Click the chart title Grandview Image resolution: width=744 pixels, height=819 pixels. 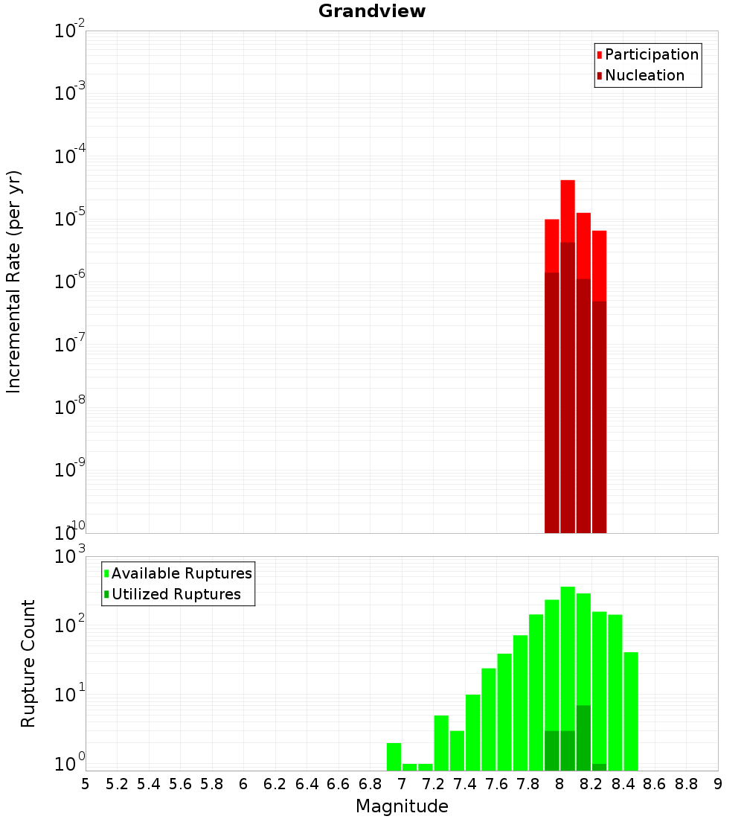[372, 12]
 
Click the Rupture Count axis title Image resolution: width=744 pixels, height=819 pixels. [28, 663]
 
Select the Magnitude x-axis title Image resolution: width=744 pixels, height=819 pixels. [402, 806]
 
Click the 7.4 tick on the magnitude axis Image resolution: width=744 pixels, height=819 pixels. [465, 784]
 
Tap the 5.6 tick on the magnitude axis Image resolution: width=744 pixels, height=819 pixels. [181, 784]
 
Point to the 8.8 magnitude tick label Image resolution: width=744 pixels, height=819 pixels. [686, 784]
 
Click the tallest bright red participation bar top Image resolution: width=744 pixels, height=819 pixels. [568, 182]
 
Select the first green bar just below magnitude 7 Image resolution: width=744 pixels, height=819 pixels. [394, 756]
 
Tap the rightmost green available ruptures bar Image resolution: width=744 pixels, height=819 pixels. [631, 711]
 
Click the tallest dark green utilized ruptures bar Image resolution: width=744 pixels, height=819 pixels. [583, 737]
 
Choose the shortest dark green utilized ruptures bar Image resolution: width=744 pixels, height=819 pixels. [599, 767]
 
